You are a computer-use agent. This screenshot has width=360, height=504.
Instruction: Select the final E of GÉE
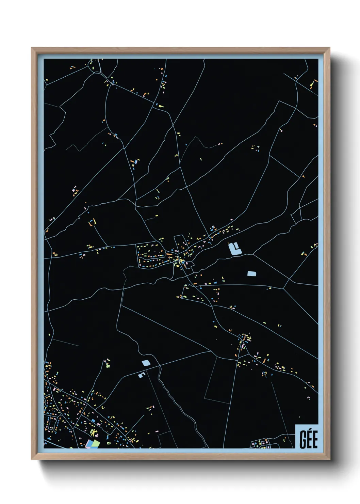tap(315, 440)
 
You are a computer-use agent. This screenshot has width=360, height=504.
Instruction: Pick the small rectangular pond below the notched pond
tap(251, 273)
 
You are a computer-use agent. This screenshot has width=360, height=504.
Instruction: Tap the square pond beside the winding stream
tap(146, 363)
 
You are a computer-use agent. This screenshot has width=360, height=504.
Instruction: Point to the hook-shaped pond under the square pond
tap(142, 375)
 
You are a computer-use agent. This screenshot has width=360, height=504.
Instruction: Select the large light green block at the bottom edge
tap(96, 443)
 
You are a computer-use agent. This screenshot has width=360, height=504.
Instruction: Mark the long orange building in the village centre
tap(169, 254)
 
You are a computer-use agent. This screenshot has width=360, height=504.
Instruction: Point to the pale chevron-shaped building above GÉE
tap(308, 397)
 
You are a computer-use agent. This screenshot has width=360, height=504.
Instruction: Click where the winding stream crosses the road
tap(158, 367)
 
